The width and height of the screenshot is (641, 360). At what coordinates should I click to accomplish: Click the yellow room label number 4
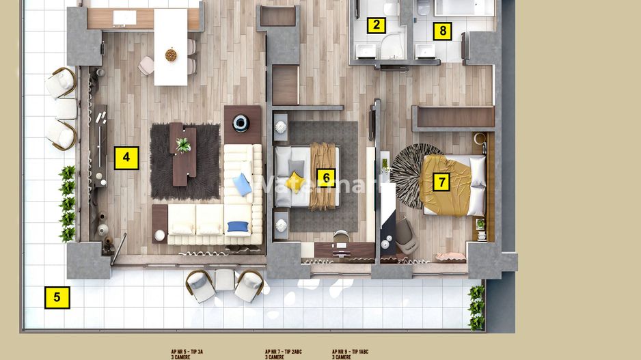[x=126, y=158]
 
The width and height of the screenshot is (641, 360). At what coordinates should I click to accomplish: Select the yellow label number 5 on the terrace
[x=57, y=297]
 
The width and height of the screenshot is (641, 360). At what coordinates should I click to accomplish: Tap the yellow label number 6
[x=327, y=178]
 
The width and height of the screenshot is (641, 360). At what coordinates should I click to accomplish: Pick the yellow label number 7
[x=442, y=182]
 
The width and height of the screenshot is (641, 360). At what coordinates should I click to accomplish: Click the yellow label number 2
[x=375, y=26]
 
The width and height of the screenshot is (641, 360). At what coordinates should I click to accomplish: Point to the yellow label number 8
[x=443, y=31]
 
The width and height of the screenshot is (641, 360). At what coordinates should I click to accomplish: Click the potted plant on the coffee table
[x=182, y=145]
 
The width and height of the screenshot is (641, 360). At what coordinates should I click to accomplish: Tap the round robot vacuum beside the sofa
[x=240, y=122]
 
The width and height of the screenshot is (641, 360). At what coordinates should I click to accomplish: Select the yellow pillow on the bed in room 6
[x=295, y=180]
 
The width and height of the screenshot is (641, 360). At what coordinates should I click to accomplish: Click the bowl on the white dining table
[x=170, y=55]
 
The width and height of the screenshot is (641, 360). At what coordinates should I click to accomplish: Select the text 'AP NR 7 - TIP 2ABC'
[x=283, y=351]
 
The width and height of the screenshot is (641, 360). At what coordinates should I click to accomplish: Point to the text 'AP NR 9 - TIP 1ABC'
[x=351, y=351]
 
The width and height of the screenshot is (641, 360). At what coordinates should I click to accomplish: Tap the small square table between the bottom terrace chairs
[x=224, y=279]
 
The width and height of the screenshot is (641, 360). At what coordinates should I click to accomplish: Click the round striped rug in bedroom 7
[x=410, y=174]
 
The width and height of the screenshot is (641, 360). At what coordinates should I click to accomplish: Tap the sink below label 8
[x=426, y=50]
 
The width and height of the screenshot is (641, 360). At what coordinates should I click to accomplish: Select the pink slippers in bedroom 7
[x=448, y=256]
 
